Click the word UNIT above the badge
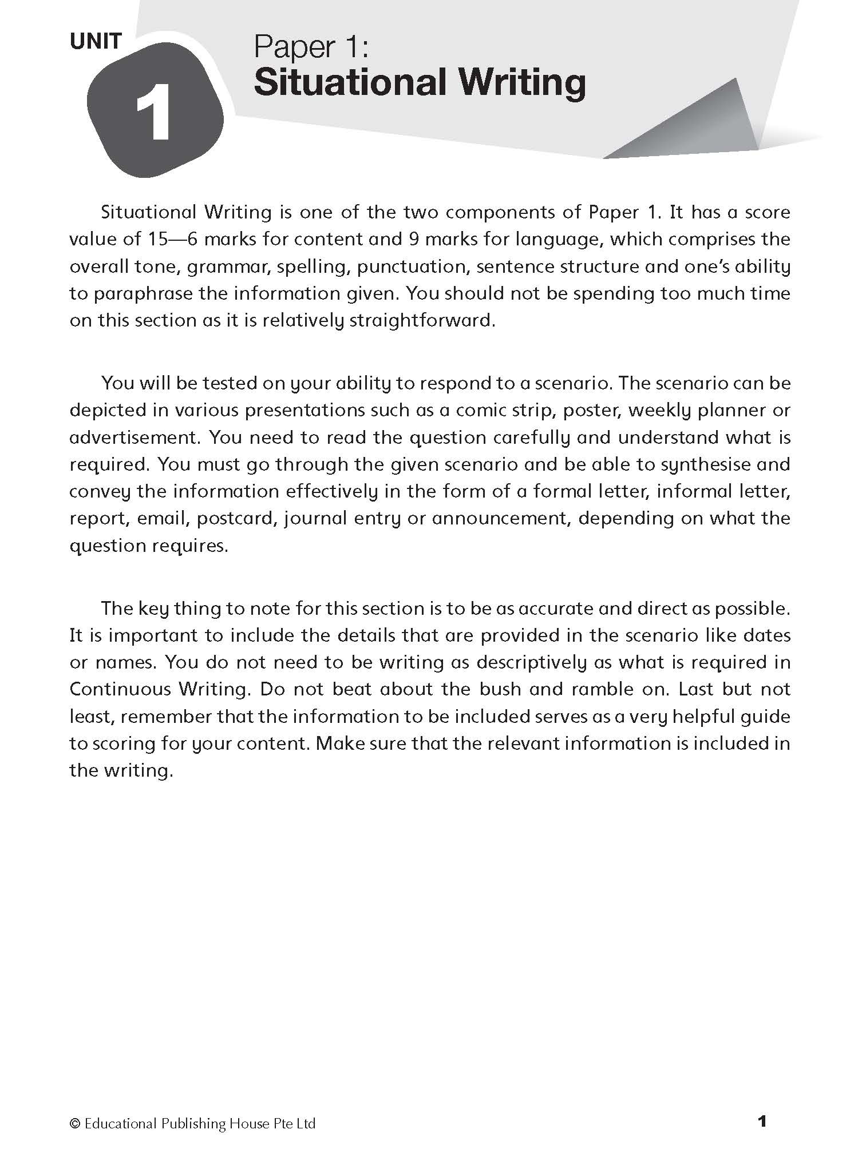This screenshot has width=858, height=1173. [96, 41]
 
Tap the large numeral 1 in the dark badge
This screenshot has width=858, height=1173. [153, 112]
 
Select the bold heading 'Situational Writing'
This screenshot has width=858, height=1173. [420, 83]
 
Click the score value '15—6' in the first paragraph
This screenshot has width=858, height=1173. [170, 239]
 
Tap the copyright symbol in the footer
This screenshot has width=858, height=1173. [74, 1124]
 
